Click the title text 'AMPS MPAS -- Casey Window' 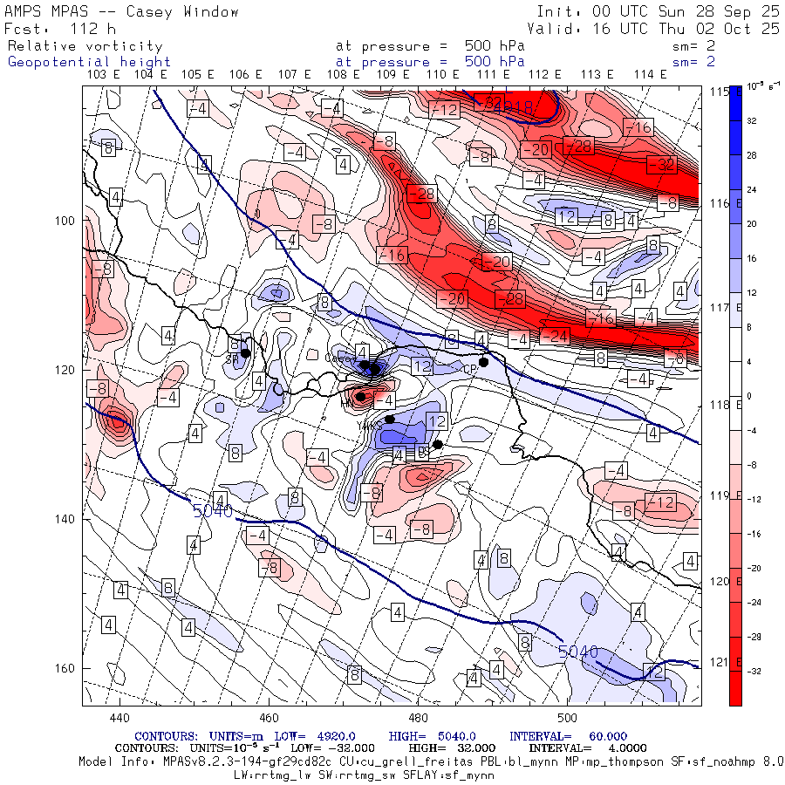click(x=122, y=11)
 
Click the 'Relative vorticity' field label click(x=85, y=45)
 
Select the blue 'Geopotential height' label click(x=89, y=62)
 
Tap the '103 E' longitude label click(x=105, y=75)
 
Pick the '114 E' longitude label click(x=651, y=75)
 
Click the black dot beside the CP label click(x=484, y=362)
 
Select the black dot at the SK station click(x=246, y=353)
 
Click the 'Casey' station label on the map click(x=336, y=358)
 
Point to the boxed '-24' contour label click(x=556, y=337)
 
